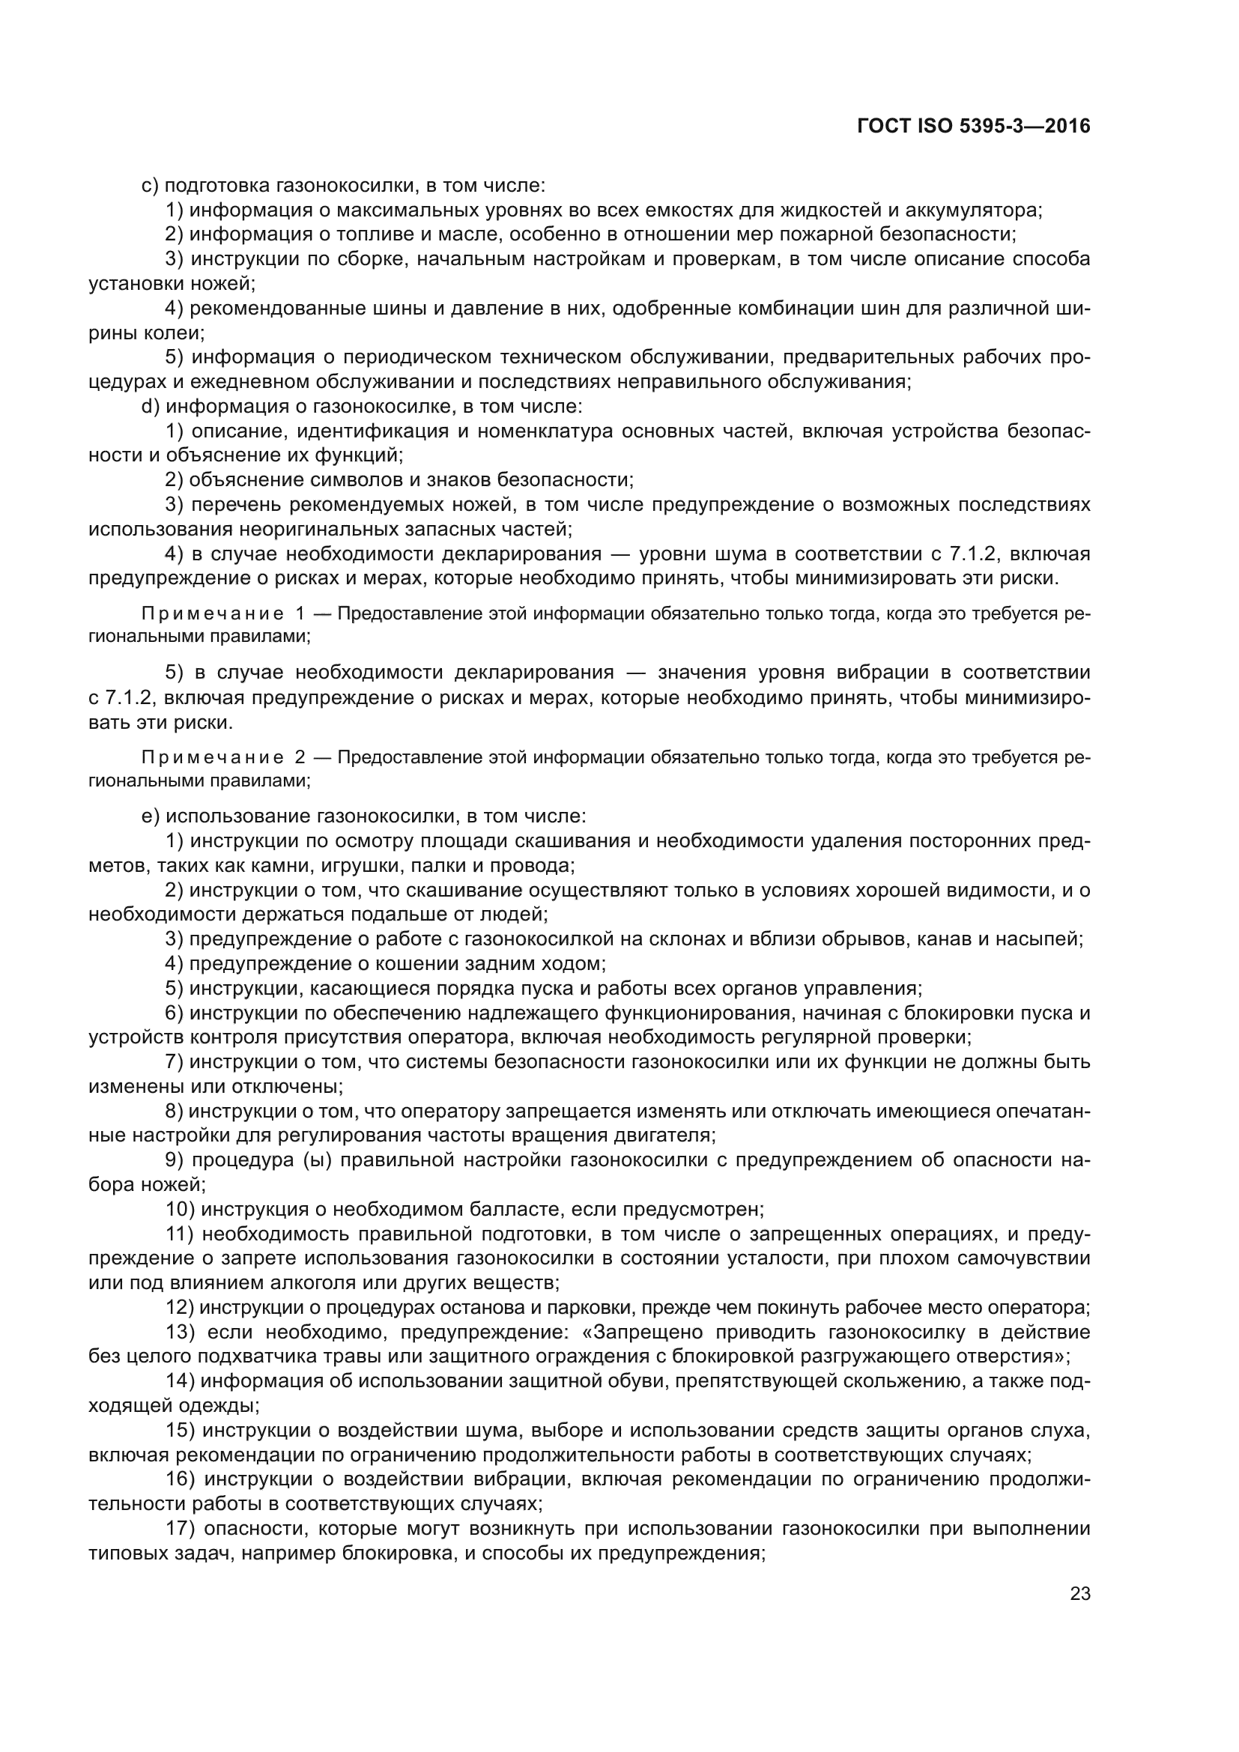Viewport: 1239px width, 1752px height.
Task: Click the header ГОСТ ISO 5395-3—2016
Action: coord(974,126)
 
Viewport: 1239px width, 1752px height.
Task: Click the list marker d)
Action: coord(151,407)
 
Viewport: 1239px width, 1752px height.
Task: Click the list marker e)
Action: coord(151,816)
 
